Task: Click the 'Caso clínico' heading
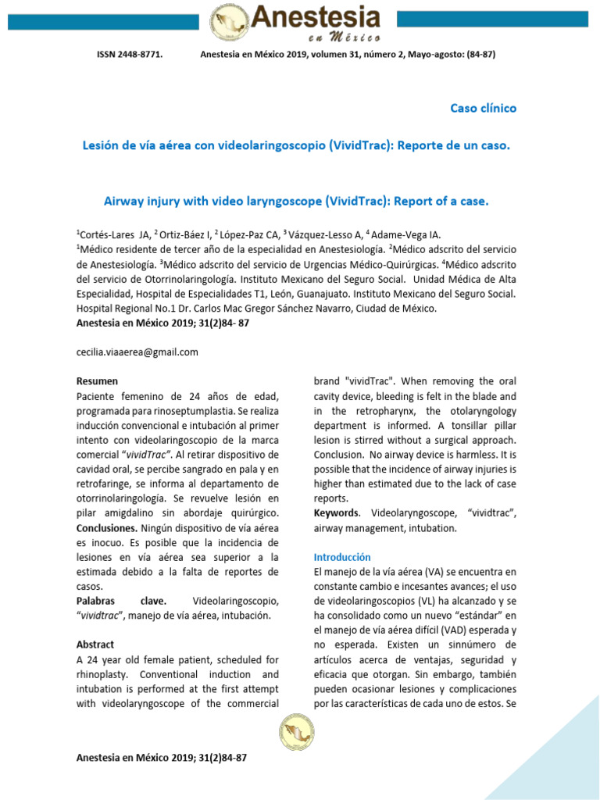(483, 108)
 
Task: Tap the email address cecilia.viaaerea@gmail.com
(137, 352)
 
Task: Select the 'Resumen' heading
(97, 381)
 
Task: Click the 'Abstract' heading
(95, 645)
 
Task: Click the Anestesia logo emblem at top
(230, 23)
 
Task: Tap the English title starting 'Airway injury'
(296, 201)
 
